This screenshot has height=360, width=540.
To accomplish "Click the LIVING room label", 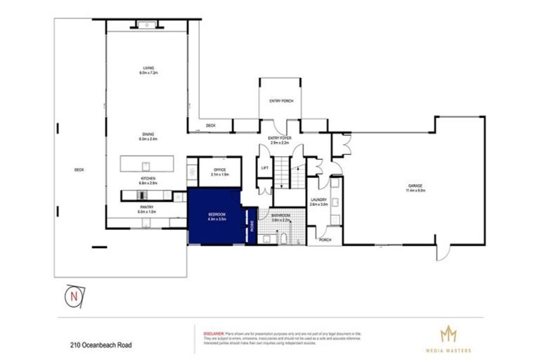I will [x=148, y=68].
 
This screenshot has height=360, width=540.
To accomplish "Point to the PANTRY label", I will [x=147, y=207].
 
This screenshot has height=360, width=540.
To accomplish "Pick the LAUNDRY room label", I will [x=318, y=200].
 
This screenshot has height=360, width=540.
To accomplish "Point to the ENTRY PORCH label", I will [x=281, y=101].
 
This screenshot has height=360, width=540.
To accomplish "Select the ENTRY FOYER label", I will [x=281, y=139].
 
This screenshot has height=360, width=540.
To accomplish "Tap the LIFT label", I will [x=264, y=168].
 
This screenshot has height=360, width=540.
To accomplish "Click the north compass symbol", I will [x=74, y=297].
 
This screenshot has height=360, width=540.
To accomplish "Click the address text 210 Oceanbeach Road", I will [x=101, y=345].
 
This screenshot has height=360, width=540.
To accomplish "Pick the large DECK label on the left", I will [x=79, y=169].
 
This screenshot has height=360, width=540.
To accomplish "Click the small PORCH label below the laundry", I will [x=326, y=240].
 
